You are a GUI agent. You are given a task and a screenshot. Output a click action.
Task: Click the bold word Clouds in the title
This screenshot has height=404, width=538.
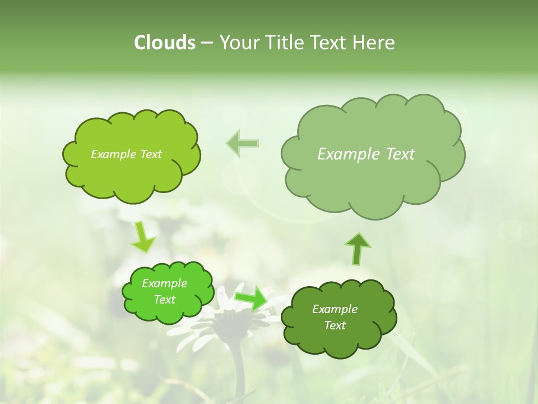point(165,43)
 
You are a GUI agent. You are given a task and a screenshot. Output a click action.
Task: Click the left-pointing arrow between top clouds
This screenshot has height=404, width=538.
point(243,144)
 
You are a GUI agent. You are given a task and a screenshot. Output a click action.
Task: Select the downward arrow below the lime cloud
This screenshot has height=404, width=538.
point(143,237)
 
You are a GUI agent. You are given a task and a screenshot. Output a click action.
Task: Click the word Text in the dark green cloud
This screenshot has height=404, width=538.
point(335,325)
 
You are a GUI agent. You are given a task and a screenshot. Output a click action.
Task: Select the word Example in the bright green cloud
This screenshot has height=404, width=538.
point(164,283)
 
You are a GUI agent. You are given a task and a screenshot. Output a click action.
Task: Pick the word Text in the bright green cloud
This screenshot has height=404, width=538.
point(164,300)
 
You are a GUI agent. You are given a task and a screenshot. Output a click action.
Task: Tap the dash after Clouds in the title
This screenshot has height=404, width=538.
point(207,43)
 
